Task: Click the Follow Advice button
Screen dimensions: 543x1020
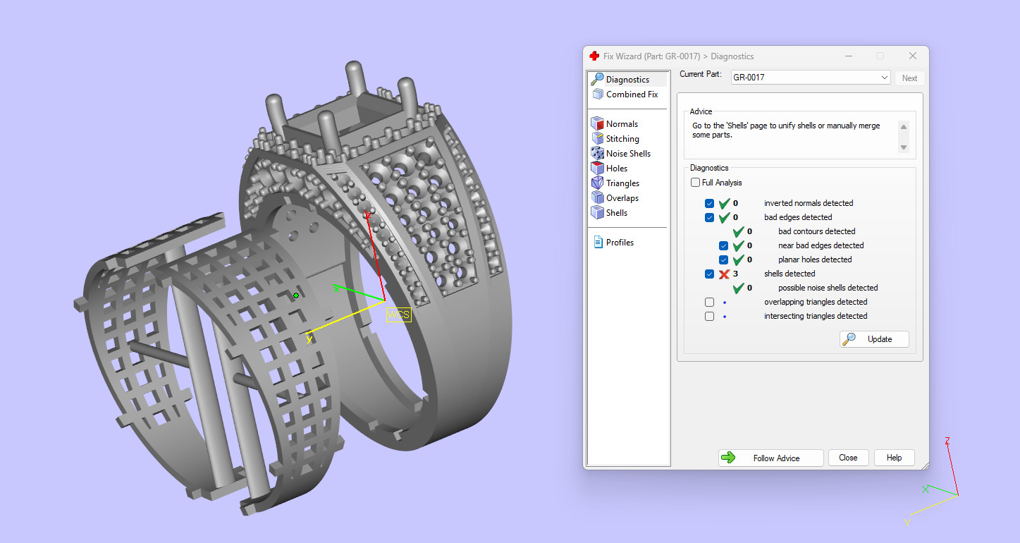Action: point(770,458)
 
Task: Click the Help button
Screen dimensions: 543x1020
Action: point(894,458)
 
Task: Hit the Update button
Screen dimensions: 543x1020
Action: point(874,339)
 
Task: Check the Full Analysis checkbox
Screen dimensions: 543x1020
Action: point(696,183)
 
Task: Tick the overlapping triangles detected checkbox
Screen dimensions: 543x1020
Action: point(710,302)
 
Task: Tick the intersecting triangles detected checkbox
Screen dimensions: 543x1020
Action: point(710,316)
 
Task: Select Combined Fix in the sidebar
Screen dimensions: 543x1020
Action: point(632,94)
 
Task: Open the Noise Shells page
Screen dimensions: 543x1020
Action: point(628,154)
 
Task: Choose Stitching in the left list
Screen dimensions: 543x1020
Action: point(622,139)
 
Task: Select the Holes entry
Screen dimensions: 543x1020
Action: point(616,169)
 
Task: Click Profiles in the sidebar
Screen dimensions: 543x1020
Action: point(620,243)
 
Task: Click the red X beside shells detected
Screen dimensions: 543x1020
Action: point(724,274)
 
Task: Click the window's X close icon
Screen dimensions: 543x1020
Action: point(913,56)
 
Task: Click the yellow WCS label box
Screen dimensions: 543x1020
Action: point(398,315)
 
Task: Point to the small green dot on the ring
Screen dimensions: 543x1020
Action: point(296,295)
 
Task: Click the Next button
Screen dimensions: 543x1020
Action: point(909,78)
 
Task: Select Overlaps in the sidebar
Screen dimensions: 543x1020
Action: point(622,198)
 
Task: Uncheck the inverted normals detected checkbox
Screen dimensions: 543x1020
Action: point(710,203)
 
